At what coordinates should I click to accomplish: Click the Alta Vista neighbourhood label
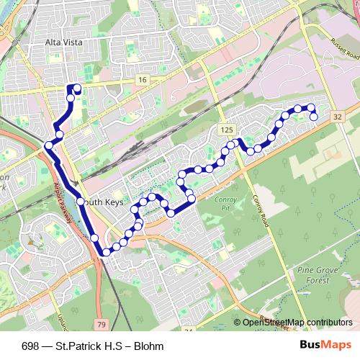click(x=64, y=43)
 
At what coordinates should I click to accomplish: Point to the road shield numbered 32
click(x=337, y=116)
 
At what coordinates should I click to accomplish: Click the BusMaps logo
click(x=325, y=346)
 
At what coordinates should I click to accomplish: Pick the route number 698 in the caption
click(x=30, y=346)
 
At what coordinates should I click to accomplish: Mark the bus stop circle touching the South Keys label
click(x=81, y=202)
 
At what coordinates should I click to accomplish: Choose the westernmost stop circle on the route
click(x=49, y=145)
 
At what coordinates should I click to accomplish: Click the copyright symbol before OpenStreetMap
click(x=237, y=323)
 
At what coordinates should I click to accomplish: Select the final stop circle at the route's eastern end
click(x=314, y=117)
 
